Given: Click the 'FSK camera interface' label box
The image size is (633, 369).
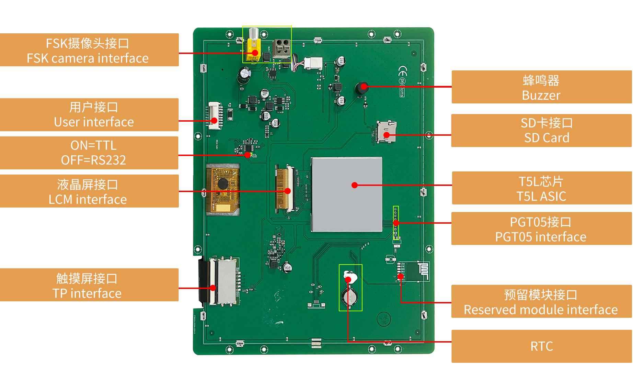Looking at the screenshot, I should click(89, 50).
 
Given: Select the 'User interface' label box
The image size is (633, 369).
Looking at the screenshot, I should click(89, 115).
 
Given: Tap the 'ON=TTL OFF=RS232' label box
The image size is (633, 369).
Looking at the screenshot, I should click(89, 153).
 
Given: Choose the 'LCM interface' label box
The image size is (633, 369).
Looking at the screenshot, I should click(89, 191).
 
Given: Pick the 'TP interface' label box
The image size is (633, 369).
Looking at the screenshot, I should click(89, 285).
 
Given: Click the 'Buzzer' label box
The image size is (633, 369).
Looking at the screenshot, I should click(541, 87).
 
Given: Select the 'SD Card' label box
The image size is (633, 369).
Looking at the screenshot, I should click(541, 131).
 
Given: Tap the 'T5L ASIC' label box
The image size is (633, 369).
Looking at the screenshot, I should click(541, 188).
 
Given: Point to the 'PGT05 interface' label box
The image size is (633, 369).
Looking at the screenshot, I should click(541, 228).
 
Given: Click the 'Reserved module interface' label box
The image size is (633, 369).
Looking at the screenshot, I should click(541, 301).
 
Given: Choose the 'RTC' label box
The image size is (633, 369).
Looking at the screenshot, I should click(541, 346).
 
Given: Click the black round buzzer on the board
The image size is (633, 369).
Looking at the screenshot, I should click(361, 89).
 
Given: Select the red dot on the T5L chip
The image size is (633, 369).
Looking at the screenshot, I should click(355, 185).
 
